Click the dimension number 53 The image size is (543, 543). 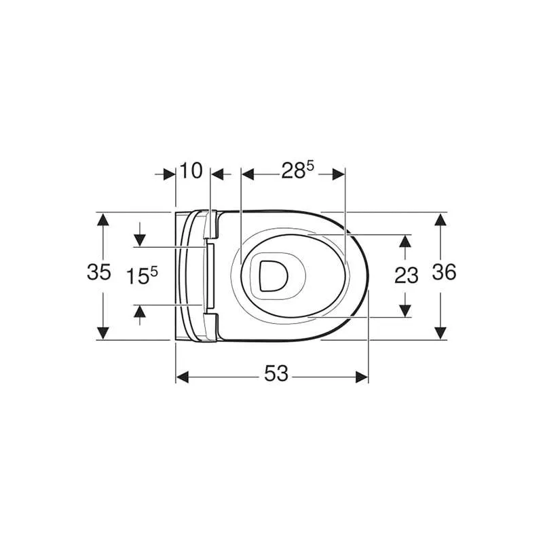tap(276, 373)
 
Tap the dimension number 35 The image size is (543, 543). tap(98, 271)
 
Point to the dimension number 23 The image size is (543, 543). tap(407, 276)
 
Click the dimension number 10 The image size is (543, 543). tap(191, 171)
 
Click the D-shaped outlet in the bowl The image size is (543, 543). tap(274, 276)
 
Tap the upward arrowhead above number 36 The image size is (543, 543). tap(440, 219)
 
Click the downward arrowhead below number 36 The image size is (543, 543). tap(440, 333)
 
